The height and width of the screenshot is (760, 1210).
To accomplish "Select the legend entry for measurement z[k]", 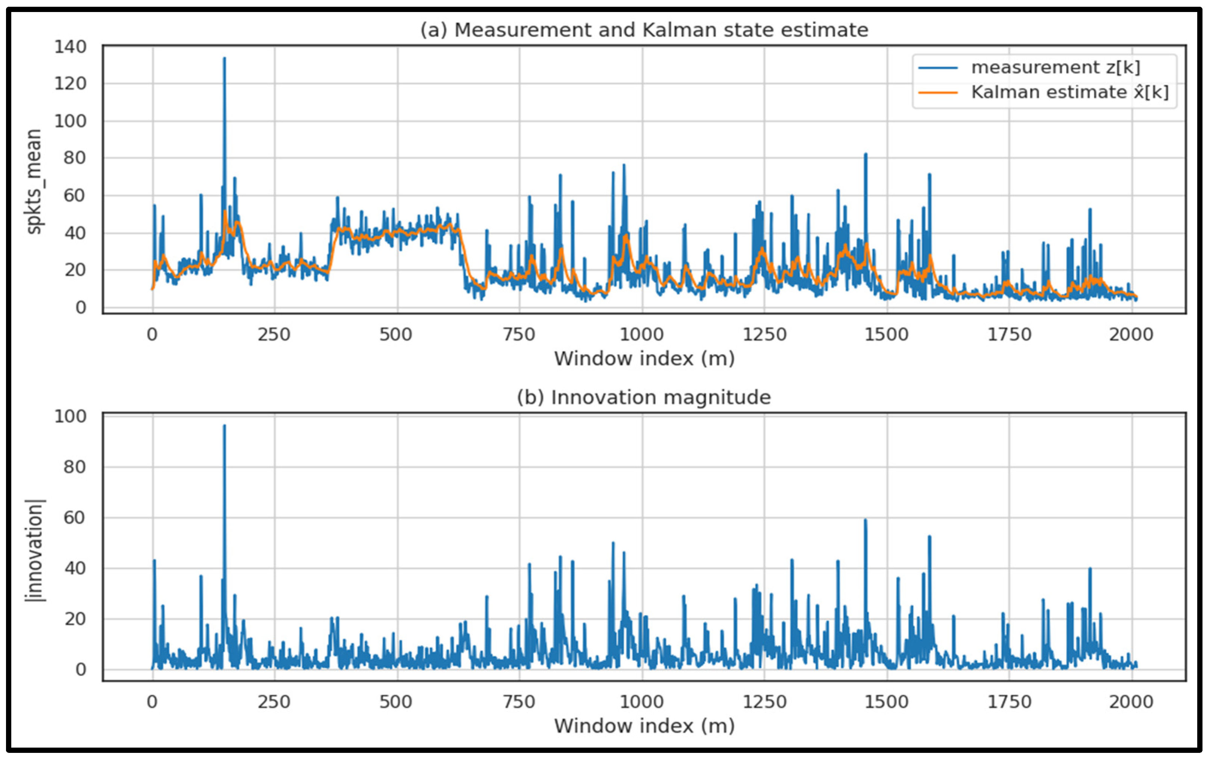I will click(x=1055, y=67).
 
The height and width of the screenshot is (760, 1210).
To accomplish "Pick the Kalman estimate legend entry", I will click(x=1069, y=92).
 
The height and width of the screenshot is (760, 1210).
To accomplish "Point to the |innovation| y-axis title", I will click(x=34, y=550).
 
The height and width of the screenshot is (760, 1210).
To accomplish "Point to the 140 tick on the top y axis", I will click(x=70, y=47).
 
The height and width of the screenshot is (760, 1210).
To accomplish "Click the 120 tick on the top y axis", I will click(x=70, y=83).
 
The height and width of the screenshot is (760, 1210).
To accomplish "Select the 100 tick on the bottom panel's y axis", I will click(x=70, y=416).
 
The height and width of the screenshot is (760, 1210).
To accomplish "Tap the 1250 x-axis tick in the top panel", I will click(x=764, y=335).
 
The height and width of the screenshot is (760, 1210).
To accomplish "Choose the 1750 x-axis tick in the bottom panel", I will click(x=1009, y=702).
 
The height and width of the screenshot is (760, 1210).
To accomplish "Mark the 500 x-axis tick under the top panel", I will click(x=396, y=335).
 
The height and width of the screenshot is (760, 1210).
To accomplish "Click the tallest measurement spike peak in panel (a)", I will click(x=224, y=58).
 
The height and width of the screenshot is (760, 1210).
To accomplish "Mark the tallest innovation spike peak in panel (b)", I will click(x=224, y=426).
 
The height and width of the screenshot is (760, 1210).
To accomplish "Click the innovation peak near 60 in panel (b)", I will click(x=865, y=520).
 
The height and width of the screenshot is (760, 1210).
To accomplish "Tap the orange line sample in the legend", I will click(x=938, y=92).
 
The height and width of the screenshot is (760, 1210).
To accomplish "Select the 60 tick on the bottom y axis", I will click(x=74, y=518).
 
